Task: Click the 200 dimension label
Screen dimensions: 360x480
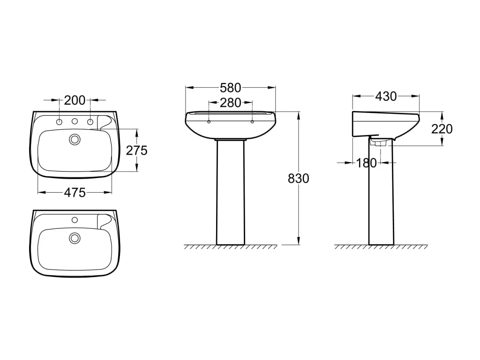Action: (75, 100)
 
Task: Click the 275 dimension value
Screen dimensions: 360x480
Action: (137, 150)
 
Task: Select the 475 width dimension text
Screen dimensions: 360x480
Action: (75, 192)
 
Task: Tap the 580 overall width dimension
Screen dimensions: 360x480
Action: (230, 88)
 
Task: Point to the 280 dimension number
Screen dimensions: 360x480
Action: (230, 103)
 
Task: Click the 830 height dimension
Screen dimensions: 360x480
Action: (299, 178)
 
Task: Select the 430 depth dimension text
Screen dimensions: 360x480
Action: (386, 96)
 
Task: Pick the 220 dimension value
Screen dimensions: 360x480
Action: (442, 128)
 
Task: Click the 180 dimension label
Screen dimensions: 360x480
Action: (366, 163)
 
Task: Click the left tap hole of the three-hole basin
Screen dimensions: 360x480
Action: (60, 122)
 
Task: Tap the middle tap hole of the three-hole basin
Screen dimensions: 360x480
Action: (75, 122)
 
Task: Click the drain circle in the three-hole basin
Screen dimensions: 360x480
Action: (75, 139)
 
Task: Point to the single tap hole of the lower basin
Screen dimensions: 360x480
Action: (75, 219)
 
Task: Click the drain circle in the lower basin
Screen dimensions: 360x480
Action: (75, 238)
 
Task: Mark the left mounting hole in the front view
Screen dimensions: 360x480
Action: (208, 122)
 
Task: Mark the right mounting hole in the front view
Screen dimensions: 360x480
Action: (252, 122)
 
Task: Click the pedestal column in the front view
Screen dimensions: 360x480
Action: (230, 192)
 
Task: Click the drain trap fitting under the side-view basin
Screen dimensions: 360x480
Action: (378, 142)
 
